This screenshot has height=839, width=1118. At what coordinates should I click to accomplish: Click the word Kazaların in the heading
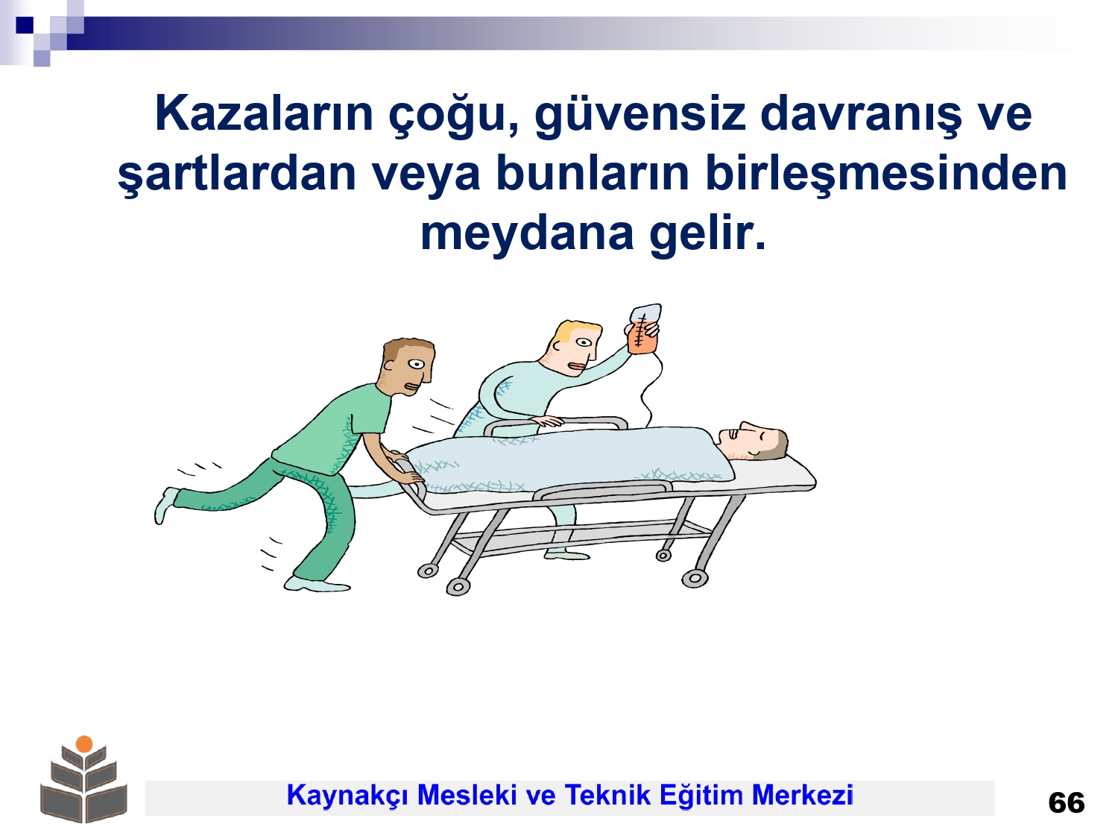[x=265, y=113]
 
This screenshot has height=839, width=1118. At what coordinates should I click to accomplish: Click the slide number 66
[x=1066, y=803]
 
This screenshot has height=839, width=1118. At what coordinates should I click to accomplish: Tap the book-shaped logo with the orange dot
[x=83, y=780]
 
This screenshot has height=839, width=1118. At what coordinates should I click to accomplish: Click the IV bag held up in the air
[x=644, y=329]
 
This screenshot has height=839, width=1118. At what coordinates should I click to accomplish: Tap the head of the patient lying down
[x=754, y=442]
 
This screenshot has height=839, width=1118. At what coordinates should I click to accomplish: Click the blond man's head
[x=575, y=348]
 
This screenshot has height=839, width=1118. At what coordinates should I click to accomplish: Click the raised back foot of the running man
[x=165, y=504]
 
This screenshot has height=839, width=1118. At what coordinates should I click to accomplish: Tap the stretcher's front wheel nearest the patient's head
[x=694, y=579]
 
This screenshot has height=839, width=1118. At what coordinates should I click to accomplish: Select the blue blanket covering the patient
[x=570, y=460]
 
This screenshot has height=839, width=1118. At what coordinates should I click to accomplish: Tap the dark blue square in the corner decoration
[x=25, y=25]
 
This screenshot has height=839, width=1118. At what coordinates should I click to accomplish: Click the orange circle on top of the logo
[x=84, y=744]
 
